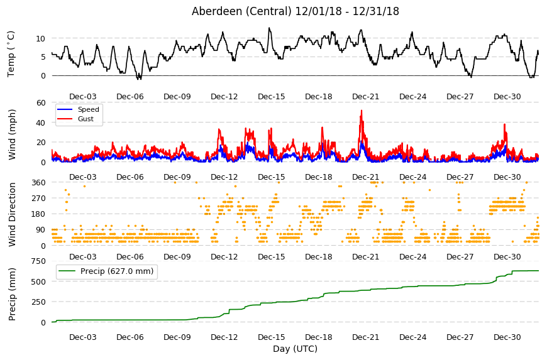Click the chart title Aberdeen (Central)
point(241,11)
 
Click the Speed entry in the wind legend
point(88,109)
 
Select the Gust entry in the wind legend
point(86,119)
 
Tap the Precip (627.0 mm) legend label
point(117,271)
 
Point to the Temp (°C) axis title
point(11,54)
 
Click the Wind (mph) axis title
point(12,134)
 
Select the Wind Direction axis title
point(12,215)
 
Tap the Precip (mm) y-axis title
point(12,294)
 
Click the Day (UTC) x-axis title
point(295,349)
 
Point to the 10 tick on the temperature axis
point(40,38)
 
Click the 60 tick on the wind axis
point(41,102)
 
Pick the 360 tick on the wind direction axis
point(38,183)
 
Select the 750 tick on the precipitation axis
point(38,261)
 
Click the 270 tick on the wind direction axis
point(38,199)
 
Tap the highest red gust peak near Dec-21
point(362,111)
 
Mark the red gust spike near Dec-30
point(504,124)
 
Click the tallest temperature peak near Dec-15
point(269,28)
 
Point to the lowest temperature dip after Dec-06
point(139,79)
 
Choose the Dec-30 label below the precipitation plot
point(507,337)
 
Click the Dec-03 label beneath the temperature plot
point(82,97)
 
